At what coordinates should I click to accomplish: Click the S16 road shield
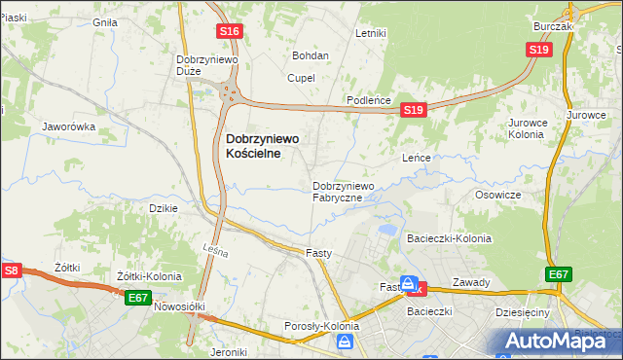(x=230, y=32)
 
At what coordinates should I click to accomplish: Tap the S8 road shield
(x=11, y=270)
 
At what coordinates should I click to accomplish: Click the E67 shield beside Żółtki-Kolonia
(x=137, y=298)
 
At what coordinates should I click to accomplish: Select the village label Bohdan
(x=311, y=56)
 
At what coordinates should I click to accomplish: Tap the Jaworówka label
(x=68, y=126)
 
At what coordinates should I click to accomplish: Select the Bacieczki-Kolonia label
(x=449, y=238)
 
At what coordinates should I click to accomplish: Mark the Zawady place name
(x=471, y=283)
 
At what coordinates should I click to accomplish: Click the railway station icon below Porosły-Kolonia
(x=345, y=342)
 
